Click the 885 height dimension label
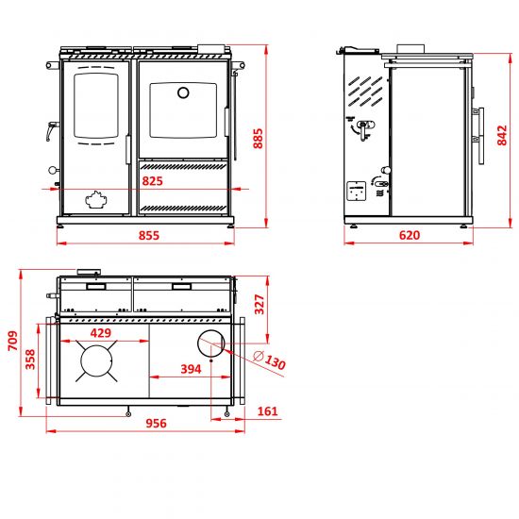tap(259, 139)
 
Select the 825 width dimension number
tap(153, 181)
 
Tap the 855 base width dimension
tap(149, 236)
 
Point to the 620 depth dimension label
tap(410, 235)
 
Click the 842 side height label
tap(502, 135)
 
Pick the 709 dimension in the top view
tap(13, 341)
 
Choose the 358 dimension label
tap(30, 360)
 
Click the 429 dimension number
tap(101, 333)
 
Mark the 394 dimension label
tap(191, 369)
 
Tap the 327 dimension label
tap(259, 304)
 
